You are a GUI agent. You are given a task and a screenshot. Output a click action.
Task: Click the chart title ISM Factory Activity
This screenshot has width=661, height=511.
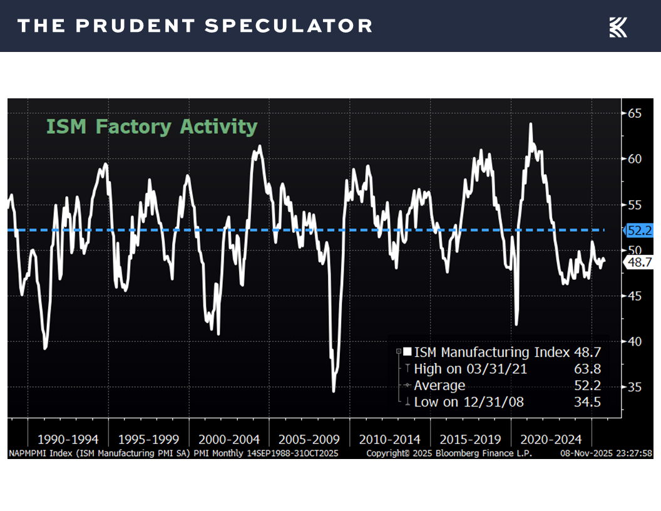pyautogui.click(x=151, y=126)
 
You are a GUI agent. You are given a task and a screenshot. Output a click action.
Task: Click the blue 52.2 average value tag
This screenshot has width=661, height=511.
pyautogui.click(x=640, y=230)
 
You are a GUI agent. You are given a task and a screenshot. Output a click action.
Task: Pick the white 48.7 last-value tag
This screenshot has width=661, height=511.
pyautogui.click(x=640, y=263)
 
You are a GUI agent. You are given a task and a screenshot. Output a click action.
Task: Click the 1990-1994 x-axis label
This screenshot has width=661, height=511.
pyautogui.click(x=68, y=439)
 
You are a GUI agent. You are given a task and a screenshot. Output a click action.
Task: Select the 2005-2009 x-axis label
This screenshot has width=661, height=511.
pyautogui.click(x=309, y=439)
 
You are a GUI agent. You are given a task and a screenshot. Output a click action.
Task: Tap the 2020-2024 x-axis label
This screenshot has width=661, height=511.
pyautogui.click(x=551, y=439)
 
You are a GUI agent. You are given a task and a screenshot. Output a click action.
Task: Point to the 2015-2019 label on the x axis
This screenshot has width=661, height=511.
pyautogui.click(x=470, y=439)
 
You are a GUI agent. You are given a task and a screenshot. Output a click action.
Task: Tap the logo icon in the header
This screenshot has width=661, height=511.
pyautogui.click(x=618, y=27)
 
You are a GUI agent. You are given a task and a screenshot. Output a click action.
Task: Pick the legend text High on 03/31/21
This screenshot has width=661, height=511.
pyautogui.click(x=471, y=369)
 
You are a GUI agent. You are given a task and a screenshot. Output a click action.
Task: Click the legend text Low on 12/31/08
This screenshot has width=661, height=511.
pyautogui.click(x=469, y=401)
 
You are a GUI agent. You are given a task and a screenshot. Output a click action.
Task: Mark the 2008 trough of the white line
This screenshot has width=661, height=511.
pyautogui.click(x=334, y=391)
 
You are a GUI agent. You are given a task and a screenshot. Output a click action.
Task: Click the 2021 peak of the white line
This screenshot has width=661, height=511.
pyautogui.click(x=531, y=123)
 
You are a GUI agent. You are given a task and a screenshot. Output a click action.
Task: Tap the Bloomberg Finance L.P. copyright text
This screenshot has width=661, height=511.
pyautogui.click(x=449, y=453)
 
